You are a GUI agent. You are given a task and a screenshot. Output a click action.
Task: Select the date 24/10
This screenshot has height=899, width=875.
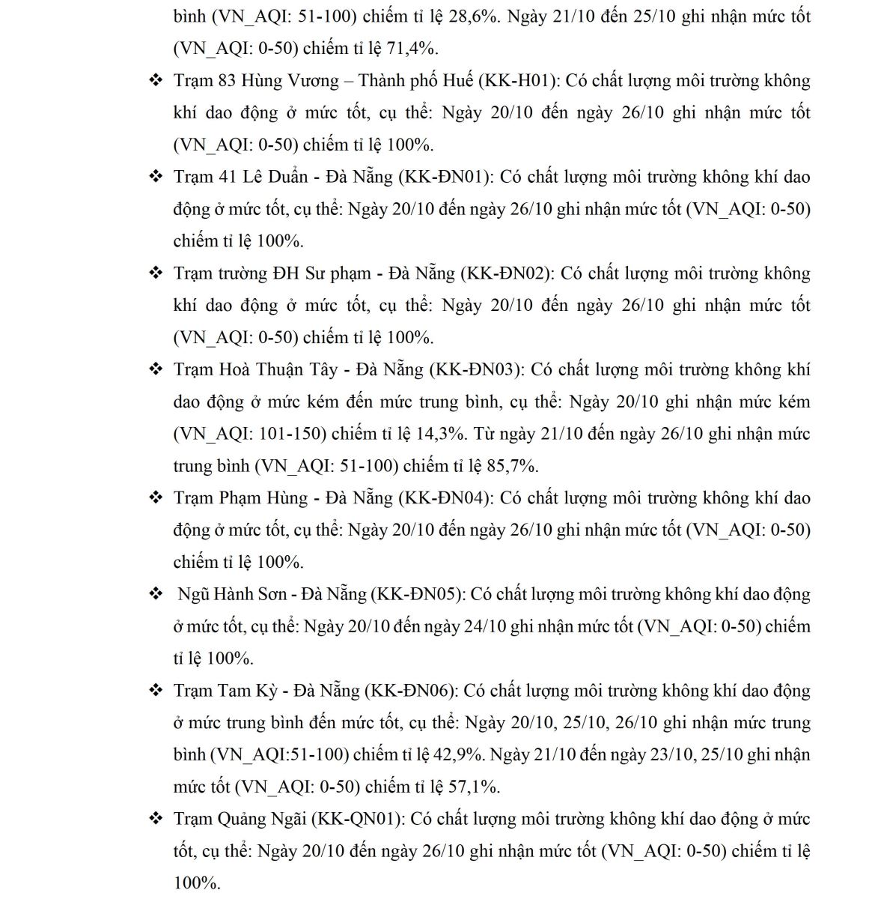pyautogui.click(x=485, y=627)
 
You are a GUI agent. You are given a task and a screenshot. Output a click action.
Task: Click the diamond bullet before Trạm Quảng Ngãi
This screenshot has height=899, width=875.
pyautogui.click(x=156, y=819)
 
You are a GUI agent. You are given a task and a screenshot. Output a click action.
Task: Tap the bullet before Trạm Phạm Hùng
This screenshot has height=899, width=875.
pyautogui.click(x=156, y=498)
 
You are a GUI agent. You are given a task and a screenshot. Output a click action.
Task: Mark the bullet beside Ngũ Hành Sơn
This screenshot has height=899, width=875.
pyautogui.click(x=156, y=594)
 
